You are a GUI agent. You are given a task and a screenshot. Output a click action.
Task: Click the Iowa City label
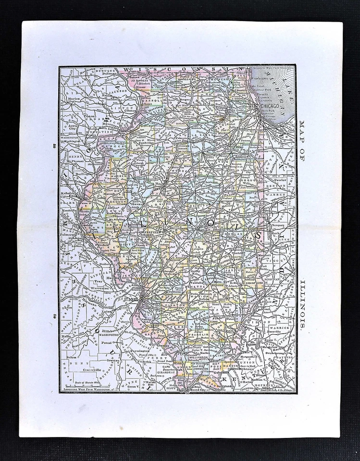(x=72, y=126)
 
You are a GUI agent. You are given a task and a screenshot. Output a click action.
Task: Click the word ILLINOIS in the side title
(x=302, y=304)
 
